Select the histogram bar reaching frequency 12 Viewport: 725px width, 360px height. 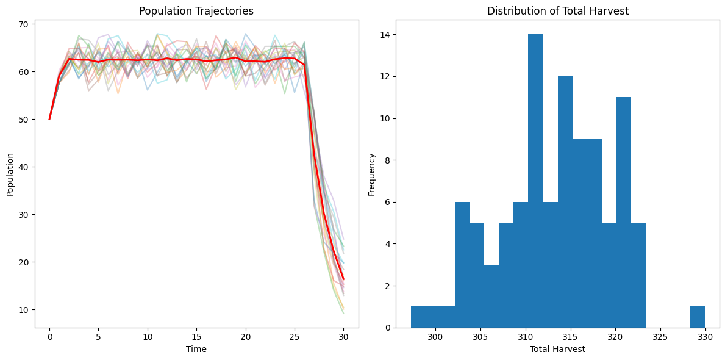point(565,202)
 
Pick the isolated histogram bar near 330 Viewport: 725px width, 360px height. point(697,317)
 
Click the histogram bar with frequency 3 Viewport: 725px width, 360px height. point(491,296)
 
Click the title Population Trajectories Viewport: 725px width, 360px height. point(196,11)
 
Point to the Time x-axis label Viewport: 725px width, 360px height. point(196,349)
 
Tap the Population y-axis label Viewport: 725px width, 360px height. point(10,175)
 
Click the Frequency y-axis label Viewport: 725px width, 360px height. point(371,175)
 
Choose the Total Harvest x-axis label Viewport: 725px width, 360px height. point(557,349)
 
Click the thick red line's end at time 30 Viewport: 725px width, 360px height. point(343,279)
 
